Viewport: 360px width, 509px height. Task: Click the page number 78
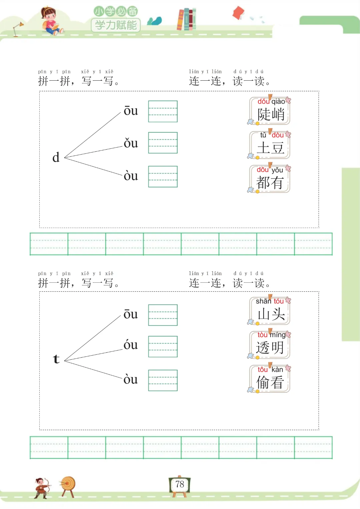coord(180,484)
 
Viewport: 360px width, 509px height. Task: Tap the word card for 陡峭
coord(270,111)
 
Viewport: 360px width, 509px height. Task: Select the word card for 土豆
coord(270,145)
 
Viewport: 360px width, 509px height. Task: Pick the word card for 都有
coord(270,179)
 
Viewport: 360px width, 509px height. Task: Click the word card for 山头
coord(270,311)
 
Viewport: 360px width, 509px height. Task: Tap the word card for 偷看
coord(270,379)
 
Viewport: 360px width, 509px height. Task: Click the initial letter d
coord(56,157)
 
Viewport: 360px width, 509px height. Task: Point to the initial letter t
coord(56,359)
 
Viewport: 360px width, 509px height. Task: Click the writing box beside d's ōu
coord(163,111)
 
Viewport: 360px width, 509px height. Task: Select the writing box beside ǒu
coord(163,143)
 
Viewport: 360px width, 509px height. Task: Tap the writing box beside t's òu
coord(163,380)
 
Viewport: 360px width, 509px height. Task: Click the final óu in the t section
coord(130,345)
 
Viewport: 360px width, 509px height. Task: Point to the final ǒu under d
coord(130,143)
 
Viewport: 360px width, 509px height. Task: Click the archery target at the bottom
coord(68,485)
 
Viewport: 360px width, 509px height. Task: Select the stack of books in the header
coord(186,19)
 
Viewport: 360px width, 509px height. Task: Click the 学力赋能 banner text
coord(116,25)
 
